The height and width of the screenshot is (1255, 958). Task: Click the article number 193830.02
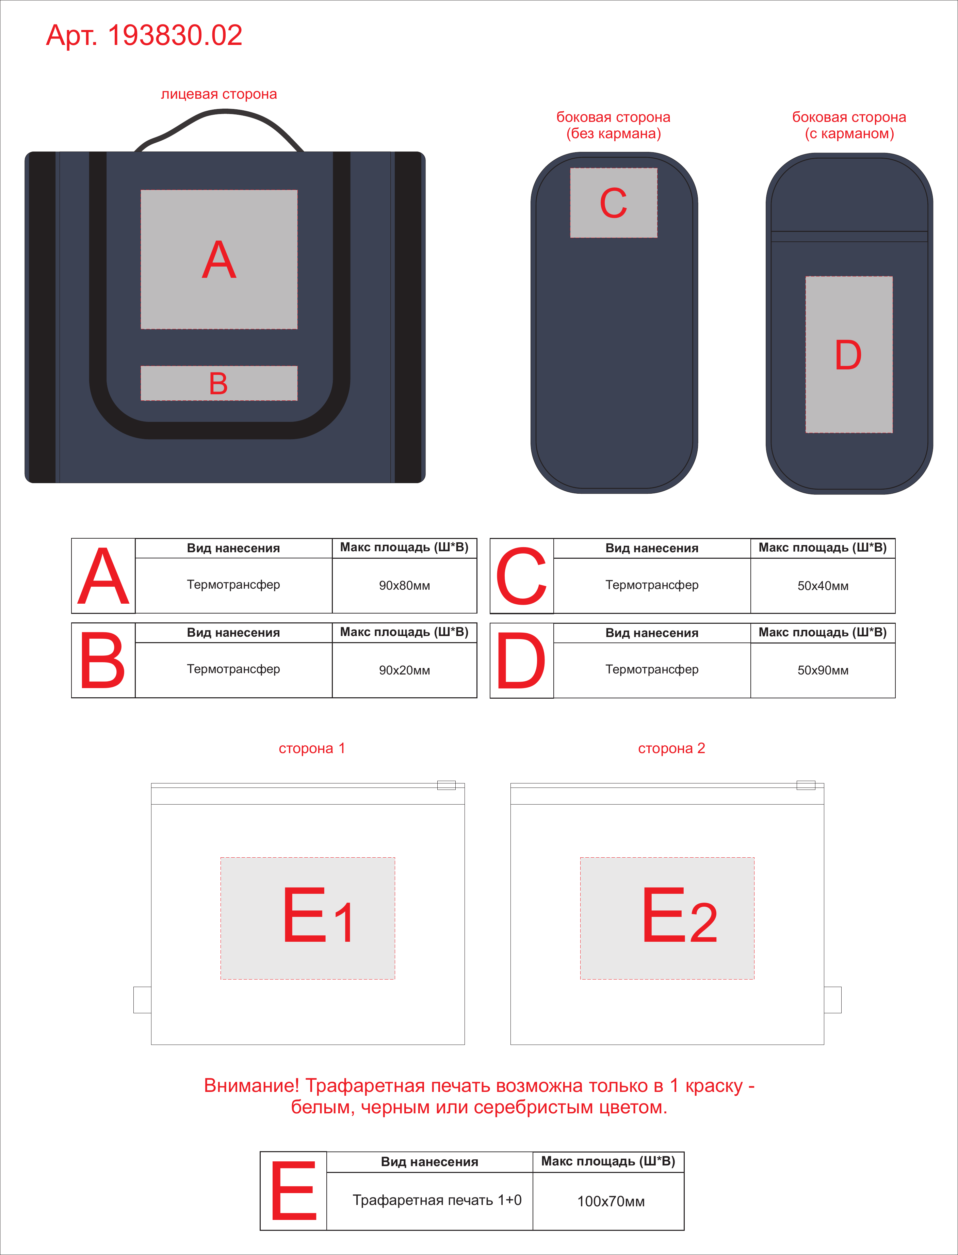[x=175, y=35]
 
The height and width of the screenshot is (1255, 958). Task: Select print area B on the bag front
[x=219, y=383]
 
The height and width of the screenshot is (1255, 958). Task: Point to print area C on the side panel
[x=614, y=203]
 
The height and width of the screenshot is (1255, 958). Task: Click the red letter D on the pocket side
[x=848, y=355]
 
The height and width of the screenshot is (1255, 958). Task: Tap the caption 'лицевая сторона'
[x=219, y=94]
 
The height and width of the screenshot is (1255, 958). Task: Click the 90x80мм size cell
[x=404, y=585]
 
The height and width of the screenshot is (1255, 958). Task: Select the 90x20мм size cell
[x=404, y=670]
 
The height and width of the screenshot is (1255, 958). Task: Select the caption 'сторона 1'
[x=312, y=748]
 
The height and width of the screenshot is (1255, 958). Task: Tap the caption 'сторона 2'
[x=672, y=748]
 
